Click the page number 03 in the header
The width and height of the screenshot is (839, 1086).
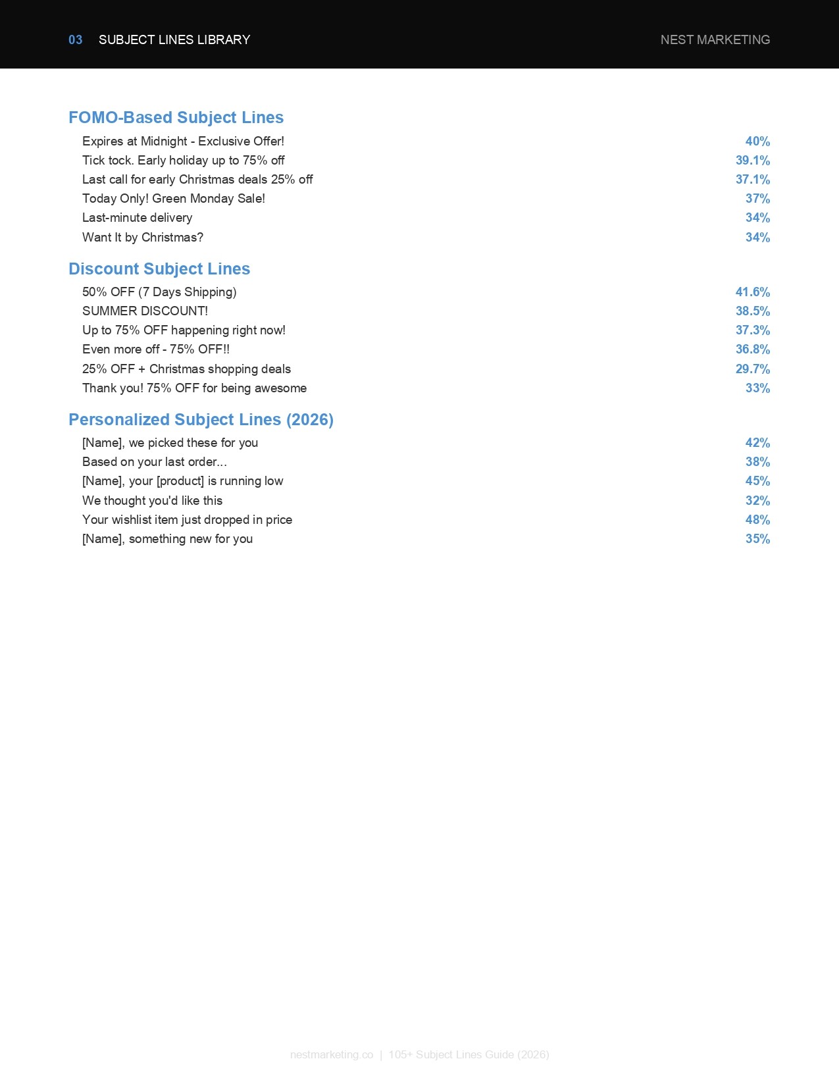(75, 39)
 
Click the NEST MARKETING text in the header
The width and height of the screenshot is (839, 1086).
(715, 39)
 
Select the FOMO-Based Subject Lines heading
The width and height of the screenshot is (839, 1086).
(176, 117)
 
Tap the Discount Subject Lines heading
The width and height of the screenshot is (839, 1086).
(159, 269)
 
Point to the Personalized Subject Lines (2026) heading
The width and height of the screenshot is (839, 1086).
(201, 419)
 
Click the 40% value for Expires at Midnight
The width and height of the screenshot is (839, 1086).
(757, 141)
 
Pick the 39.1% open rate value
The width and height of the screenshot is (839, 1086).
(752, 160)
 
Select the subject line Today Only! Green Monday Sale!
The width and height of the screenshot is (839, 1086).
(174, 198)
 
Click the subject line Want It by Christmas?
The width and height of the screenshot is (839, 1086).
(143, 237)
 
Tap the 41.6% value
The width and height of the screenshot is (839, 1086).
(752, 292)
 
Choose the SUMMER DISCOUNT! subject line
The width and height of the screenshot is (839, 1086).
(145, 311)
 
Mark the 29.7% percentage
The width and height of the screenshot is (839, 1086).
(752, 369)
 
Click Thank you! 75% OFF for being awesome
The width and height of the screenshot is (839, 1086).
(194, 388)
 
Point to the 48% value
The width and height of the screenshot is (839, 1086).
(757, 519)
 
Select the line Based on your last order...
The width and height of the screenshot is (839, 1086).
(155, 461)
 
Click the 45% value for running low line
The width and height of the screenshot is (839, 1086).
(757, 480)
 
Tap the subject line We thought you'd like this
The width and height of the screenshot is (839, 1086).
(152, 500)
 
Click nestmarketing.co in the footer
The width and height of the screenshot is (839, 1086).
(332, 1054)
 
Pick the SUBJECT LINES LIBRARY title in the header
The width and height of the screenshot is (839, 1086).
(174, 39)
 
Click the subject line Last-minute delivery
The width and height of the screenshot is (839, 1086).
(137, 217)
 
